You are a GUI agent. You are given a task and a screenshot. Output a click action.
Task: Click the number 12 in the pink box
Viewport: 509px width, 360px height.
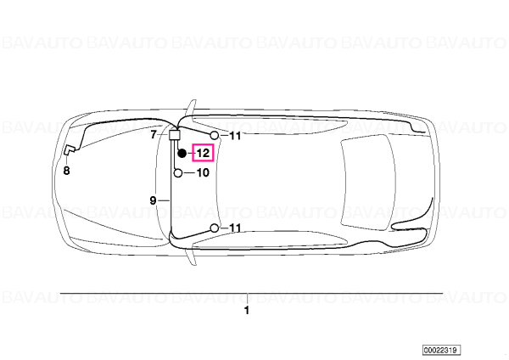click(x=204, y=153)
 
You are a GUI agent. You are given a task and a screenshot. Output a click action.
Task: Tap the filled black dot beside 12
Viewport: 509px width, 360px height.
click(x=182, y=153)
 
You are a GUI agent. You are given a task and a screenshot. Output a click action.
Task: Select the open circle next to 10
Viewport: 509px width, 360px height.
click(x=178, y=173)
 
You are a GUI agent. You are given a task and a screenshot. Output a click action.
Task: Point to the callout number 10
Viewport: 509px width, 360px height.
click(x=203, y=172)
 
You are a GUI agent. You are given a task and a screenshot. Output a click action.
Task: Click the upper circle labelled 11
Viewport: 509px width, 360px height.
click(x=215, y=135)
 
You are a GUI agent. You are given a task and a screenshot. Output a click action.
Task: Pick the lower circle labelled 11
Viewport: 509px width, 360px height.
click(x=215, y=228)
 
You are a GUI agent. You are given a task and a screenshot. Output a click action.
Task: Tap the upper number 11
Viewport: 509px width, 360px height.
click(x=235, y=136)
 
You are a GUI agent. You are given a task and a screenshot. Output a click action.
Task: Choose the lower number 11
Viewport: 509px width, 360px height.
click(x=235, y=228)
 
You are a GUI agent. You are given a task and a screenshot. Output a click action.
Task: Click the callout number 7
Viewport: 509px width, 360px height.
click(x=154, y=134)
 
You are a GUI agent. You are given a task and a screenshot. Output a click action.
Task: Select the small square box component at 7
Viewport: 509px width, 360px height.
click(x=174, y=134)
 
